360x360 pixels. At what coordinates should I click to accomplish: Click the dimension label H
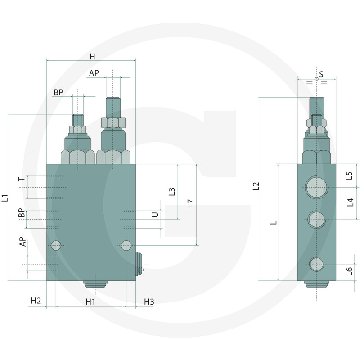[92, 56]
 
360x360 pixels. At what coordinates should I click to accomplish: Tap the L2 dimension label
[256, 186]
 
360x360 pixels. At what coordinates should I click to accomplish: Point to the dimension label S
[321, 74]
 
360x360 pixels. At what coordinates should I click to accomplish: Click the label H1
[90, 301]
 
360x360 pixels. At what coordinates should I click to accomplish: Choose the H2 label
[36, 301]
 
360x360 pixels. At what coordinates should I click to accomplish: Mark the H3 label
[149, 301]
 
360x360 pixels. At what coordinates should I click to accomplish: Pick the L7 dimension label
[190, 203]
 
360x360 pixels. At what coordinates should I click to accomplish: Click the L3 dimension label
[172, 192]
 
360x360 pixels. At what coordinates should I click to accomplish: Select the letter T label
[21, 179]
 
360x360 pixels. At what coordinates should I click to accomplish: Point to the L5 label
[350, 175]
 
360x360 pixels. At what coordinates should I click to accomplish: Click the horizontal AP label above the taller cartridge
[94, 73]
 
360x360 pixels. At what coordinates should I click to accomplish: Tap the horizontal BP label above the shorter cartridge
[58, 92]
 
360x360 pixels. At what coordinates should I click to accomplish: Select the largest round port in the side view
[316, 187]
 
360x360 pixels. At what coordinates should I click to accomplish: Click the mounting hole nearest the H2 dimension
[56, 245]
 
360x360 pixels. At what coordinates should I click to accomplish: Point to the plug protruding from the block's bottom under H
[96, 284]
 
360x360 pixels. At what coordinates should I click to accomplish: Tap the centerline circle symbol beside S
[317, 79]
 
